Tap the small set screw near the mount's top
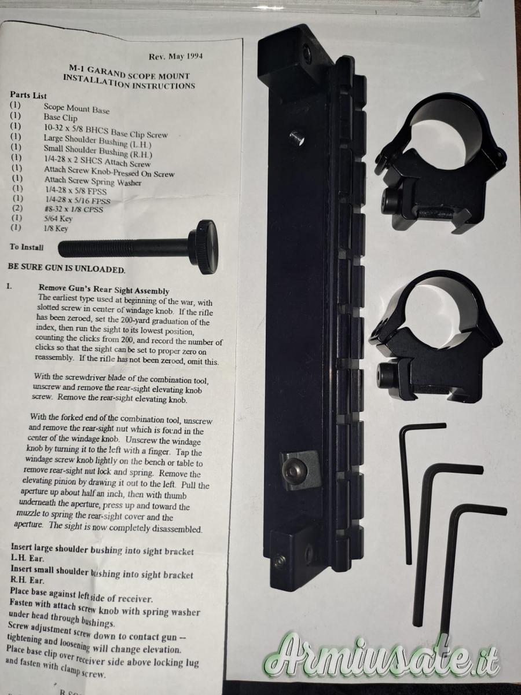click(x=297, y=138)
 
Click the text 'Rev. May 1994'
click(x=175, y=56)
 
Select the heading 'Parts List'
click(x=28, y=95)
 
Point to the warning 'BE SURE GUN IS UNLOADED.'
click(x=67, y=268)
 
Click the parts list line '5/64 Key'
click(x=58, y=218)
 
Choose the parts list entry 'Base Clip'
click(x=60, y=118)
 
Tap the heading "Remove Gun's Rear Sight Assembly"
click(x=104, y=289)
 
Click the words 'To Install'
click(x=27, y=247)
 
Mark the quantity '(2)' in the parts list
click(x=17, y=209)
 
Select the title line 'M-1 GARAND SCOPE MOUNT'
click(x=129, y=72)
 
